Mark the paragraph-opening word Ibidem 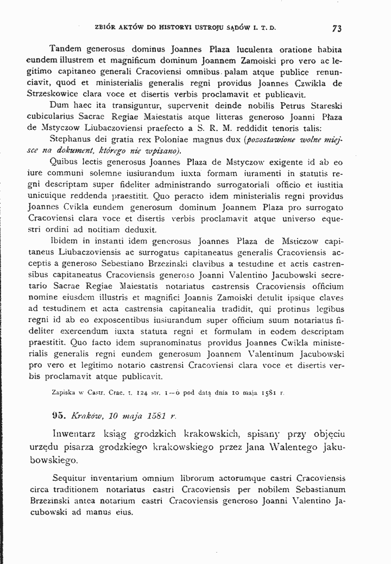point(63,241)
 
